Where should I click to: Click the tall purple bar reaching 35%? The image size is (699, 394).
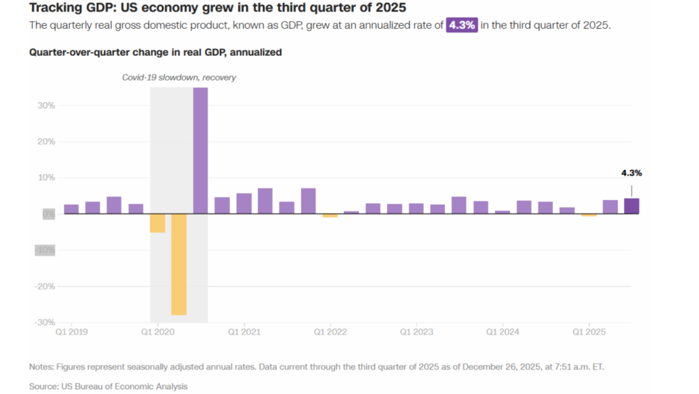(x=200, y=150)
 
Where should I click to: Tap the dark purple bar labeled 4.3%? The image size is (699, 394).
(x=631, y=206)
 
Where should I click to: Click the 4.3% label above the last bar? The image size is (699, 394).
(x=631, y=173)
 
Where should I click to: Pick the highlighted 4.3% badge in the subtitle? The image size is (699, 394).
(x=461, y=25)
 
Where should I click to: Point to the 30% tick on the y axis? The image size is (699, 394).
(x=46, y=106)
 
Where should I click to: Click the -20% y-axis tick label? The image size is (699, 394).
(x=45, y=286)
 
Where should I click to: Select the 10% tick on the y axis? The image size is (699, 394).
(x=46, y=178)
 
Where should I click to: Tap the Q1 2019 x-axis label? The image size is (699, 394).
(x=71, y=332)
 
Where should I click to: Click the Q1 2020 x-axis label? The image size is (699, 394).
(x=158, y=332)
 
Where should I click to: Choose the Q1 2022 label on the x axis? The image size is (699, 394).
(x=330, y=332)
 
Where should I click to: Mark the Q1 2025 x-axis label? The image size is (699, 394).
(x=589, y=332)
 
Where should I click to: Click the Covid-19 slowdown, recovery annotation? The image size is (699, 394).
(x=179, y=78)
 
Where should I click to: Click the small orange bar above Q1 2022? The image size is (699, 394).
(x=330, y=216)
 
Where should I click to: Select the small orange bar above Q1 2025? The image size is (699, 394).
(x=588, y=215)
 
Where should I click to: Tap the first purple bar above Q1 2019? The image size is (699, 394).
(x=71, y=209)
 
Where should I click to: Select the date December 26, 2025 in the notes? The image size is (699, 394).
(x=501, y=367)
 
